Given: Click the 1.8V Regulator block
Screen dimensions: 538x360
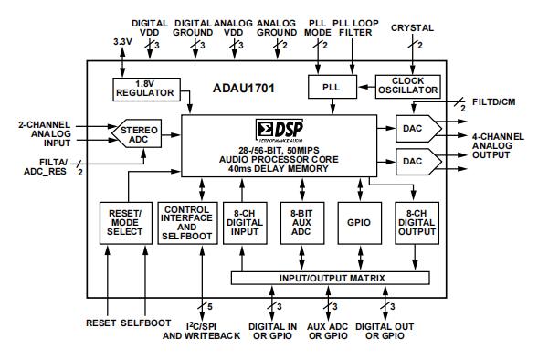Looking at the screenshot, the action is click(146, 90).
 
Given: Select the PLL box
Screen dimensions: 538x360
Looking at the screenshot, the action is click(332, 87).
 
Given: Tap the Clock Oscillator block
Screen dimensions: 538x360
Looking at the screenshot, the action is click(408, 87).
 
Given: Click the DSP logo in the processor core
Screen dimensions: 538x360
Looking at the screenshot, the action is click(280, 131).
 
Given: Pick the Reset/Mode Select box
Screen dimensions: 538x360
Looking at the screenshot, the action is click(125, 223).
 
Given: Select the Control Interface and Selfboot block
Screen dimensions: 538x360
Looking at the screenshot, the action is click(187, 223).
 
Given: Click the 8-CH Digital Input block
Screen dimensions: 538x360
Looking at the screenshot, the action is click(245, 223).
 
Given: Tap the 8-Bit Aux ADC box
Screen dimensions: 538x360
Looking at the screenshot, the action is click(302, 223).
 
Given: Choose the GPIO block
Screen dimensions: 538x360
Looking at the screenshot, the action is click(359, 223).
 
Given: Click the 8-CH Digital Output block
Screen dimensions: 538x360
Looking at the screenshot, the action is click(417, 223).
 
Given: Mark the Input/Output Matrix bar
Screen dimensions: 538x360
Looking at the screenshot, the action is click(331, 278).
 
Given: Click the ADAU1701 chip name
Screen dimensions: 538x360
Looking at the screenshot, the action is click(244, 89).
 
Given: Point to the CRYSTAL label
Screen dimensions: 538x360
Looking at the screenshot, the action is click(412, 28).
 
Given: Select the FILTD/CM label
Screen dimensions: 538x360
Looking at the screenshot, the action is click(494, 102).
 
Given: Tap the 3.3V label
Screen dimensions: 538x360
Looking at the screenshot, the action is click(122, 42).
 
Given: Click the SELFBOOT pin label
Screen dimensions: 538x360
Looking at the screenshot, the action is click(146, 323).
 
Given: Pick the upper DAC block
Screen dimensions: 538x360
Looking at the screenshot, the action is click(418, 128).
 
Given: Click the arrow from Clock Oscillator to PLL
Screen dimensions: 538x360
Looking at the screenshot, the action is click(366, 87).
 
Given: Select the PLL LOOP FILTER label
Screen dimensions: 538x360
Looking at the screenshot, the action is click(356, 27).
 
